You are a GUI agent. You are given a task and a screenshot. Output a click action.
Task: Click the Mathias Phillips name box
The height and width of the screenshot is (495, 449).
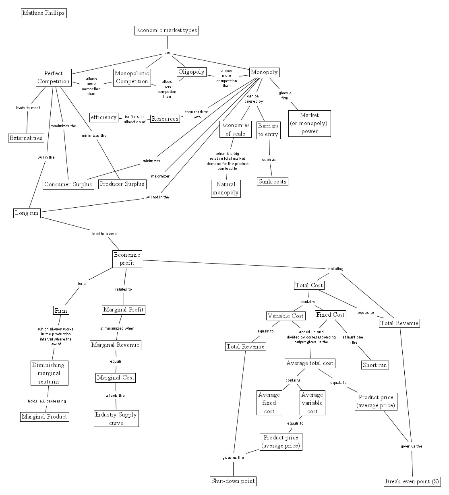(x=43, y=13)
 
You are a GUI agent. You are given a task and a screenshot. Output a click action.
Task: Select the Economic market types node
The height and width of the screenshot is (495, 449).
(x=166, y=31)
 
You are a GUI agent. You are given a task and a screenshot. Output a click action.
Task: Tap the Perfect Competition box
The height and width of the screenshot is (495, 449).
(x=53, y=78)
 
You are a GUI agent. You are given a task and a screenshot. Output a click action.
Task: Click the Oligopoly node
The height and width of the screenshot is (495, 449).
(x=191, y=72)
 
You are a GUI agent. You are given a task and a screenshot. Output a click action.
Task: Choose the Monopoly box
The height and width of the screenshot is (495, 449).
(x=264, y=72)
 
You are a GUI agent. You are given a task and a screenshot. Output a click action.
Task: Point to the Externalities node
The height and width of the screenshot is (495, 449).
(x=26, y=138)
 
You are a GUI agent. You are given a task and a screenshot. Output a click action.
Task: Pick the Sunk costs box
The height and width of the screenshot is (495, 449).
(x=272, y=181)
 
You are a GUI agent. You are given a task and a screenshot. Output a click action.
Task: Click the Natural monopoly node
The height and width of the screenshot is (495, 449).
(x=226, y=188)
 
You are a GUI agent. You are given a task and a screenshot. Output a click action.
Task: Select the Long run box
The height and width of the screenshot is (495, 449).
(x=27, y=213)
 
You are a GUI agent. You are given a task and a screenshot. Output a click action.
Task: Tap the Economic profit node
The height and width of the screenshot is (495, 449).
(x=127, y=259)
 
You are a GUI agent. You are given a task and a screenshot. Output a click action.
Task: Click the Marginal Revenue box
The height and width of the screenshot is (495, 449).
(x=115, y=345)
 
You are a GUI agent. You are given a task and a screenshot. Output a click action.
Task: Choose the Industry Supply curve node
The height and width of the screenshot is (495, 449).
(x=116, y=419)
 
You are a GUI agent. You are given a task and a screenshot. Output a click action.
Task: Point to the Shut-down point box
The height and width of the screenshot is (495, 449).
(x=233, y=481)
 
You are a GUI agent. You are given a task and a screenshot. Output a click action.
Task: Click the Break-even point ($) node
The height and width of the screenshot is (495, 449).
(x=412, y=481)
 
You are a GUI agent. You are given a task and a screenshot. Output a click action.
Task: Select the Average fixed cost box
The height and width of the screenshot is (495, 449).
(x=269, y=403)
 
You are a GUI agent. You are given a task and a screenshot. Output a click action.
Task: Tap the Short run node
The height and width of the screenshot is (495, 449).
(x=375, y=365)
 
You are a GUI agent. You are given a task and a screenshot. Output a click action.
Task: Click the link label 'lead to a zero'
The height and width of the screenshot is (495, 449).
(x=105, y=234)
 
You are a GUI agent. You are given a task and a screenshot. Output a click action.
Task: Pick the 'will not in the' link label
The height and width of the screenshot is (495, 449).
(x=157, y=197)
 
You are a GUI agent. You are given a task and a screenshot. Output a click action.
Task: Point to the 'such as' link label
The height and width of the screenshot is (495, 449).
(x=269, y=160)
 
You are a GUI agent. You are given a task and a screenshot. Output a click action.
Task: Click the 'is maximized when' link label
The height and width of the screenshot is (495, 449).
(x=117, y=328)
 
